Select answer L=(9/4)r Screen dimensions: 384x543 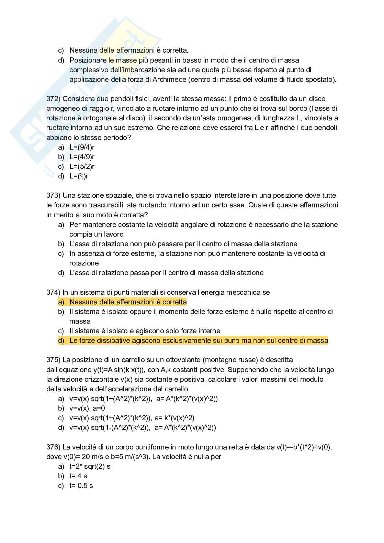click(x=82, y=148)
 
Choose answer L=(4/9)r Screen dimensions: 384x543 click(x=82, y=157)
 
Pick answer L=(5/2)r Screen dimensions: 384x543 click(x=82, y=167)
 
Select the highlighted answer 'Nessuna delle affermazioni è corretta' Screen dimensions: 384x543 click(x=128, y=302)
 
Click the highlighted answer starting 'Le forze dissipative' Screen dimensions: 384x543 click(x=199, y=341)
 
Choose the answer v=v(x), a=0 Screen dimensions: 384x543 click(x=87, y=409)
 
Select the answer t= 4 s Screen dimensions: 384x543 click(x=78, y=476)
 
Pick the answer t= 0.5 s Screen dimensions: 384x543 click(x=81, y=486)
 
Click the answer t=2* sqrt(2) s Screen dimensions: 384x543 click(x=90, y=467)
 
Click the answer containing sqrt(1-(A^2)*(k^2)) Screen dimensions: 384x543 click(x=143, y=428)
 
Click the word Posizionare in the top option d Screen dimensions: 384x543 click(x=88, y=61)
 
